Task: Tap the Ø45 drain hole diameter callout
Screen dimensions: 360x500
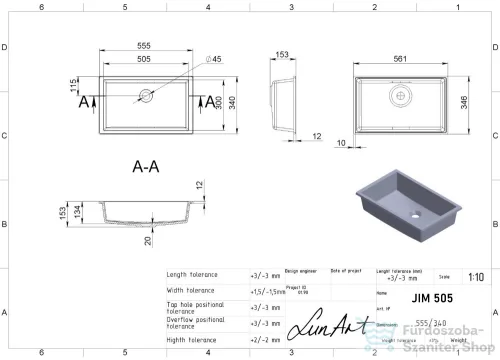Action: (x=213, y=60)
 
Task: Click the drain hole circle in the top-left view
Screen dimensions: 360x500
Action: (x=146, y=97)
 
